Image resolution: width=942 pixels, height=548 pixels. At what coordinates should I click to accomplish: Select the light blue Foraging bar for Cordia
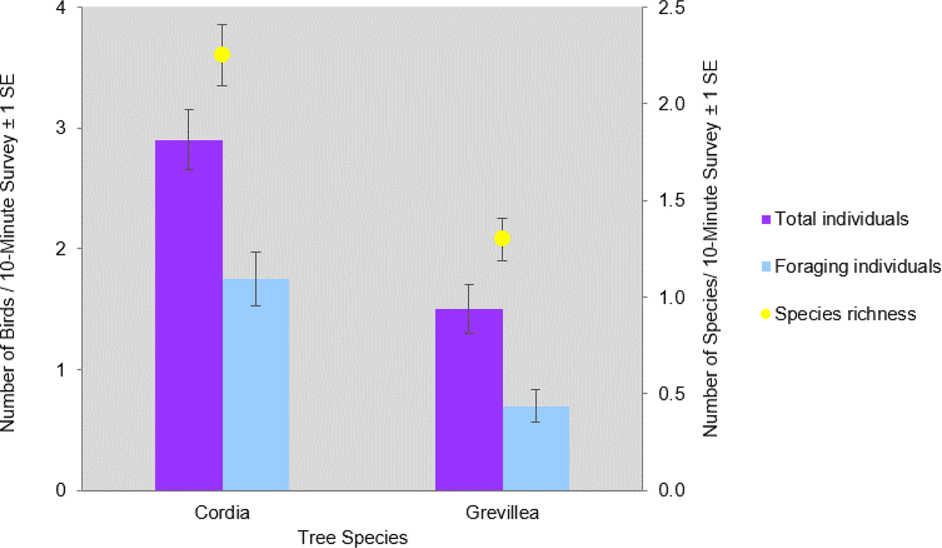[x=255, y=384]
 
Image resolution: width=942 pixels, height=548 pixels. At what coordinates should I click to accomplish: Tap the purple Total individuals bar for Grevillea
[x=469, y=400]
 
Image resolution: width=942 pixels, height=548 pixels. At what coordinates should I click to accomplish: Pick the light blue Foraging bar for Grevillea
[x=536, y=448]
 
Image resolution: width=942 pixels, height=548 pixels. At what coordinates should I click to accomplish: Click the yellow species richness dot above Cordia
[x=222, y=55]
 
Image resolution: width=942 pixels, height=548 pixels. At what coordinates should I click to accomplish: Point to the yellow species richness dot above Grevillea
[x=502, y=238]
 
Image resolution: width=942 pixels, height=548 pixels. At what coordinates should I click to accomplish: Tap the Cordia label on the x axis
[x=222, y=513]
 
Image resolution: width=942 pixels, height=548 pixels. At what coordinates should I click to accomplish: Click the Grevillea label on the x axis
[x=502, y=513]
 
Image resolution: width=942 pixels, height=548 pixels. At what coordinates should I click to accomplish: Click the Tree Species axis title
[x=353, y=538]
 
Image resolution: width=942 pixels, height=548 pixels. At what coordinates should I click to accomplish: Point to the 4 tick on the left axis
[x=61, y=8]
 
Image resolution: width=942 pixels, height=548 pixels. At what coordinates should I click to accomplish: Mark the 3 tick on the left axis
[x=61, y=128]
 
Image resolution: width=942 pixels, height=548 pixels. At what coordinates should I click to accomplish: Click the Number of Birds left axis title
[x=8, y=252]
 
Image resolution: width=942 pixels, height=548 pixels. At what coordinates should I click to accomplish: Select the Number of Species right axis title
[x=711, y=249]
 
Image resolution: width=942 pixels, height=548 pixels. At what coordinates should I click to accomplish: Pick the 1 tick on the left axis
[x=61, y=369]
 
